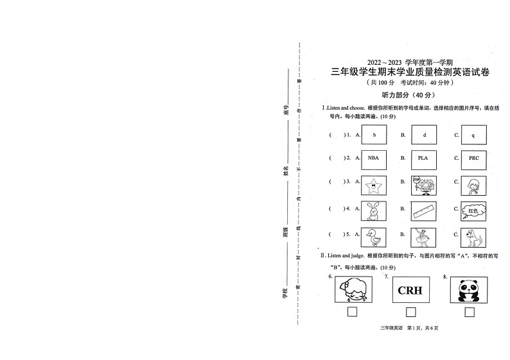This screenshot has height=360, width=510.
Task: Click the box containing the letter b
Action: pos(373,135)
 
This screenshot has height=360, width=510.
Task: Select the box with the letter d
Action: pos(424,135)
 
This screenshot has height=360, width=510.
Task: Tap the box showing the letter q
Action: pos(473,135)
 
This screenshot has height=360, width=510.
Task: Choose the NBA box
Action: pos(373,158)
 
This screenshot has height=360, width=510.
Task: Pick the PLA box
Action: pos(424,158)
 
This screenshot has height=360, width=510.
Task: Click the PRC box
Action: pos(473,158)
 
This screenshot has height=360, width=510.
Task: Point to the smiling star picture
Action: pos(373,185)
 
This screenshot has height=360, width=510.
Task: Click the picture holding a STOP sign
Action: pos(424,185)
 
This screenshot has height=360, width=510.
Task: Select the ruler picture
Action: pos(424,210)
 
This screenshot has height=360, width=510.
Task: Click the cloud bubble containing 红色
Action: pos(473,210)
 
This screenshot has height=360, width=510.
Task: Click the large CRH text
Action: pos(410,291)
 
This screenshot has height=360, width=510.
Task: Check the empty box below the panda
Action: pos(470,313)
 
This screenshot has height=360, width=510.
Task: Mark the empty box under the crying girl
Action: pos(352,313)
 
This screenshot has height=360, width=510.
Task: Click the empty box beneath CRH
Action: pos(411,313)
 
